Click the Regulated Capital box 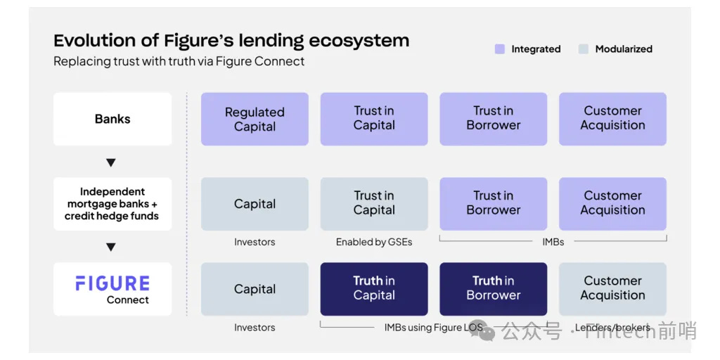[x=255, y=120]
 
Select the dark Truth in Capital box [x=374, y=289]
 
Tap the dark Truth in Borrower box [x=494, y=289]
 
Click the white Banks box [x=112, y=120]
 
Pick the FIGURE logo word [x=112, y=283]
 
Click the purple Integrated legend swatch [x=500, y=49]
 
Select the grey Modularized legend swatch [x=583, y=49]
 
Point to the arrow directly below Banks [x=110, y=163]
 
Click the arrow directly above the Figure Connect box [x=110, y=247]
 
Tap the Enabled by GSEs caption [x=374, y=243]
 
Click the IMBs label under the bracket [x=553, y=242]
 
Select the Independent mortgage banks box [x=112, y=204]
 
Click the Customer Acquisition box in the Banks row [x=612, y=120]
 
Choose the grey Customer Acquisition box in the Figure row [x=612, y=289]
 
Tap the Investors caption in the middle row [x=255, y=243]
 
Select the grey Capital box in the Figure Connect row [x=255, y=289]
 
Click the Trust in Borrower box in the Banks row [x=494, y=120]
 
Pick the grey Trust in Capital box [x=374, y=204]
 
